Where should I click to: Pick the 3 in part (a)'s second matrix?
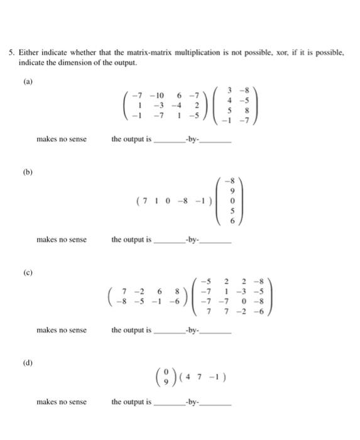[229, 91]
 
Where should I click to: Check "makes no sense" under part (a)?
[62, 139]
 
